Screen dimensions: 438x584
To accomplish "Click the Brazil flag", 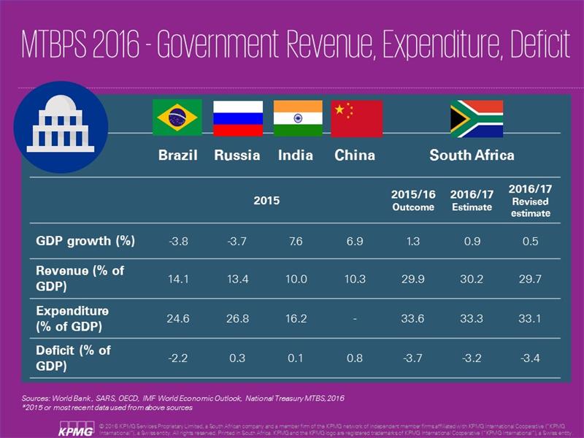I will point(177,118).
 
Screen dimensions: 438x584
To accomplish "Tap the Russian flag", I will point(237,118).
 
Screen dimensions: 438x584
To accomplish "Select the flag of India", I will point(297,118).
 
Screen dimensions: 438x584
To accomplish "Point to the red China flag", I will point(356,119).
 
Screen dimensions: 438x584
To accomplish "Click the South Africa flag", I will point(476,119).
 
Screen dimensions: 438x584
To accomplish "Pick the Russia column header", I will point(237,155).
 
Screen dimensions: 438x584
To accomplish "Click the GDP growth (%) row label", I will point(85,240).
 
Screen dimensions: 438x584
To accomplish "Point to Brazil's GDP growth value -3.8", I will point(179,241).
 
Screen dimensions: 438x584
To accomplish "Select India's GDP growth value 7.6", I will point(296,241).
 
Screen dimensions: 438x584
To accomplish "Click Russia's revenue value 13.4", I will point(237,278).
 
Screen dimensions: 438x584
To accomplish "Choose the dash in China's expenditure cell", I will point(355,318).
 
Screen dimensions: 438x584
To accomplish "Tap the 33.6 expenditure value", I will point(413,318).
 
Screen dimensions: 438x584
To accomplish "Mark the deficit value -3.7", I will point(413,358).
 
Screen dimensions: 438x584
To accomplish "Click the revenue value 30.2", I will point(471,278).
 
